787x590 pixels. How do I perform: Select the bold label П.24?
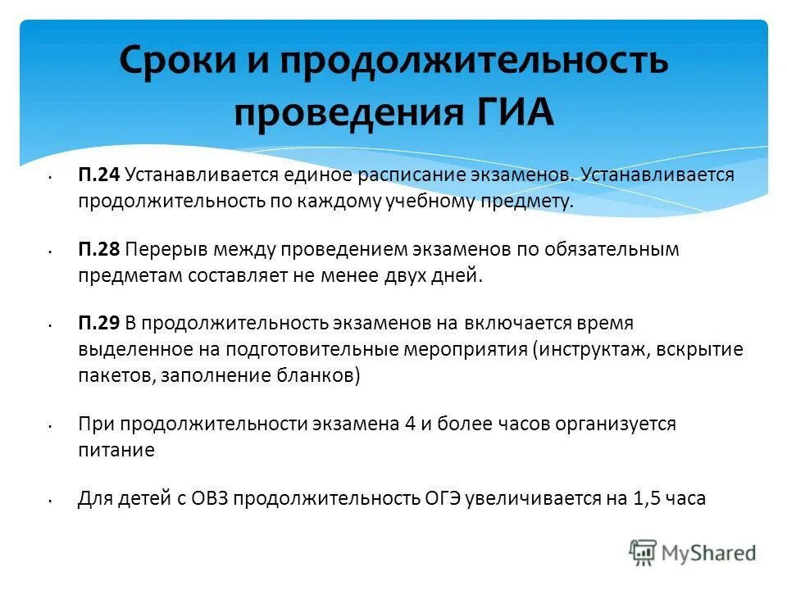point(99,175)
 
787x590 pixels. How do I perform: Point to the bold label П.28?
point(99,249)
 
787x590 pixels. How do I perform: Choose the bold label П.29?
point(99,324)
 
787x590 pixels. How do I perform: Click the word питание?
point(116,451)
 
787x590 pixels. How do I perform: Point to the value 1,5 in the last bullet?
point(646,498)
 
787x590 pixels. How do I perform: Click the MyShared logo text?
point(710,553)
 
